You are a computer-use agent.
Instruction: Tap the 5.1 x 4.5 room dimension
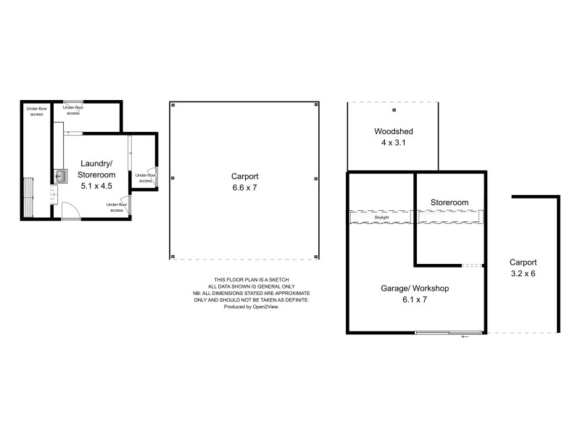coord(96,185)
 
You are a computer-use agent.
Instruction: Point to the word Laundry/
coord(96,163)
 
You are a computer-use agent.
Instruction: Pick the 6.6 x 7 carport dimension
coord(246,188)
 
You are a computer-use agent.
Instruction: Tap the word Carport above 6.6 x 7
coord(246,176)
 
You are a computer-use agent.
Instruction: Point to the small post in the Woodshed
coord(394,111)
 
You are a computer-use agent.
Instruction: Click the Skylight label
coord(381,217)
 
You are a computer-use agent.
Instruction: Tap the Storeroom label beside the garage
coord(449,202)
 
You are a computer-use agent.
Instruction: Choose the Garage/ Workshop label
coord(415,288)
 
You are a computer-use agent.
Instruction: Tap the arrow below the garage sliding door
coord(465,337)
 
